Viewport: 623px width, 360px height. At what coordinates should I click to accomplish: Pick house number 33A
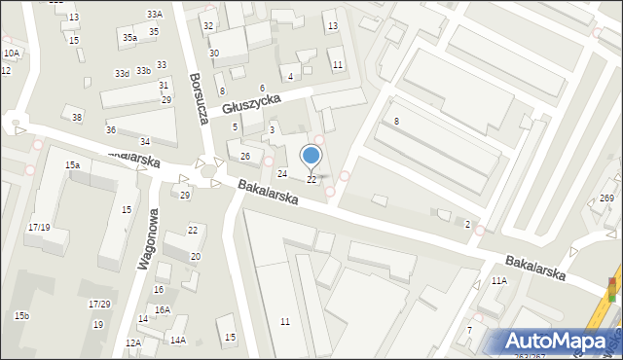(155, 15)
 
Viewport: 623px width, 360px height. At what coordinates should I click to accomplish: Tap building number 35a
(129, 37)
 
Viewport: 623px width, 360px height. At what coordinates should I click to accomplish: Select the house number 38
(77, 118)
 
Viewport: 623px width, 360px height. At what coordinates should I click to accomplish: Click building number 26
(245, 157)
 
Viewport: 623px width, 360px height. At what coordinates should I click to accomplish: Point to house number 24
(282, 173)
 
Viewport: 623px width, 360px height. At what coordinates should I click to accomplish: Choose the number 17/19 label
(40, 227)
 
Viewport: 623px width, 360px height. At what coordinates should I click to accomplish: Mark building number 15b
(21, 316)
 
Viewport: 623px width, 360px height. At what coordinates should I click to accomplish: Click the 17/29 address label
(99, 305)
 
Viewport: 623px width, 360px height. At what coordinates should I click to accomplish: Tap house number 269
(606, 198)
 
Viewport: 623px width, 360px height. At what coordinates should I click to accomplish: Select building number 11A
(499, 280)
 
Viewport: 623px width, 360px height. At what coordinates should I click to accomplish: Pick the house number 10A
(11, 54)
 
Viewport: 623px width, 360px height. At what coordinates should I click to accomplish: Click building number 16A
(162, 309)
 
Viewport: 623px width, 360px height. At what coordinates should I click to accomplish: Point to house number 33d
(122, 74)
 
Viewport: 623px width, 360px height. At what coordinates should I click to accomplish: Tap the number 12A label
(133, 342)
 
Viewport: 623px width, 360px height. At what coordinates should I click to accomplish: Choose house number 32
(208, 25)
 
